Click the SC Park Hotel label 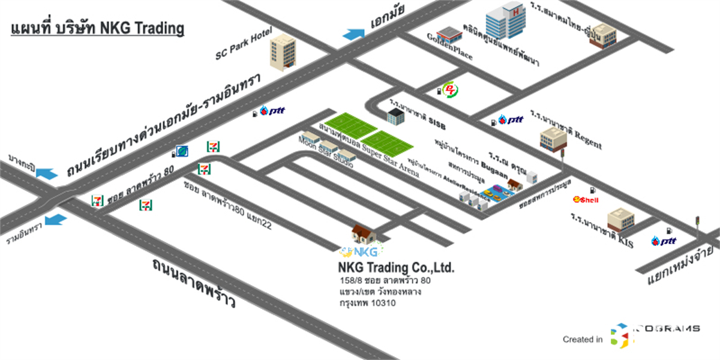tap(244, 44)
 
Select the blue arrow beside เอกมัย tap(353, 34)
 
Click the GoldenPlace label tap(449, 46)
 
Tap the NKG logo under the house tap(362, 251)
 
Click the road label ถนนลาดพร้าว tap(193, 281)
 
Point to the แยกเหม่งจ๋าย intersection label tap(680, 263)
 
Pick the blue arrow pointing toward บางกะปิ tap(47, 173)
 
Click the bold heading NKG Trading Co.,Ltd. tap(396, 267)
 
